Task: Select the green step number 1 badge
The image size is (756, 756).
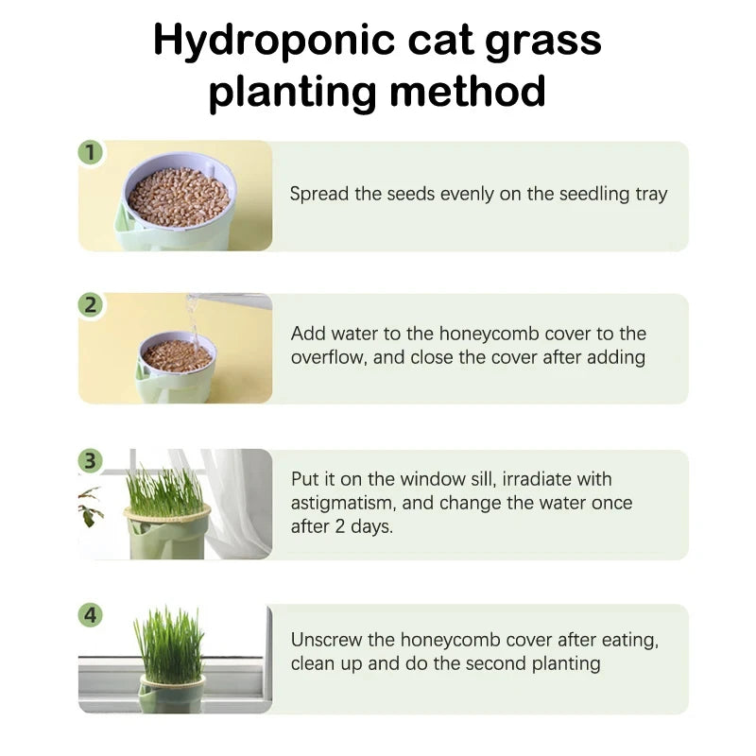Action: click(91, 152)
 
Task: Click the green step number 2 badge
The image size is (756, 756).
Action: click(91, 304)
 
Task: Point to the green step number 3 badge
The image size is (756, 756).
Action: click(91, 460)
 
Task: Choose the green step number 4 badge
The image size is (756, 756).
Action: click(91, 615)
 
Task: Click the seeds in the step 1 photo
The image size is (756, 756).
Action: click(179, 196)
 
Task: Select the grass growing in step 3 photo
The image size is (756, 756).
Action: click(165, 491)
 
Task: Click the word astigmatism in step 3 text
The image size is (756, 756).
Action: click(344, 503)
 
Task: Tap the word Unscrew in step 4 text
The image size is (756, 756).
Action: click(326, 640)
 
